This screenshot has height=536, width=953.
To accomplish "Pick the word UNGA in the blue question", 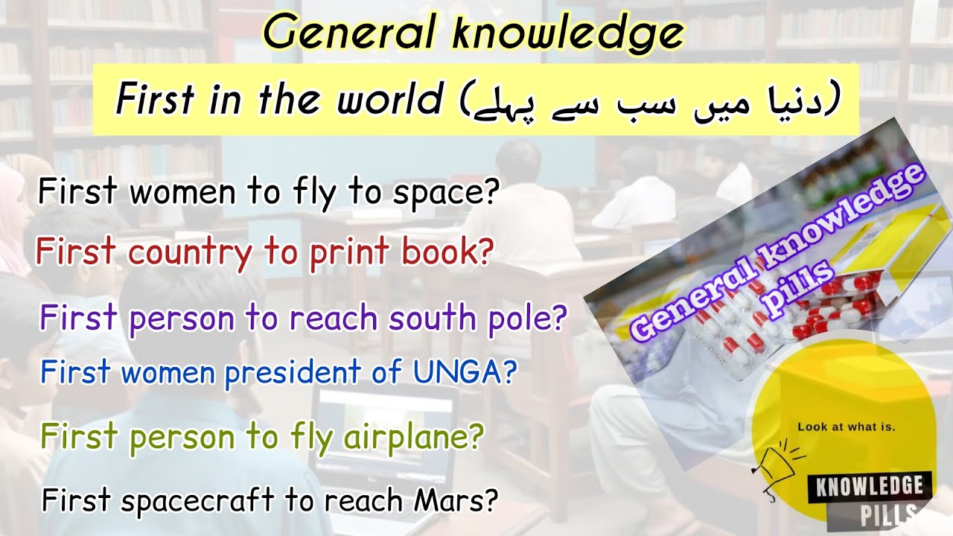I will (471, 371).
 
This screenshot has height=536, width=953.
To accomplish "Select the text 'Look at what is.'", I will (846, 427).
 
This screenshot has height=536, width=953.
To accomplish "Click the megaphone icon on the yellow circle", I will (774, 462).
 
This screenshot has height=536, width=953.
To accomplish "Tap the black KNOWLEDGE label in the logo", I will (870, 488).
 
